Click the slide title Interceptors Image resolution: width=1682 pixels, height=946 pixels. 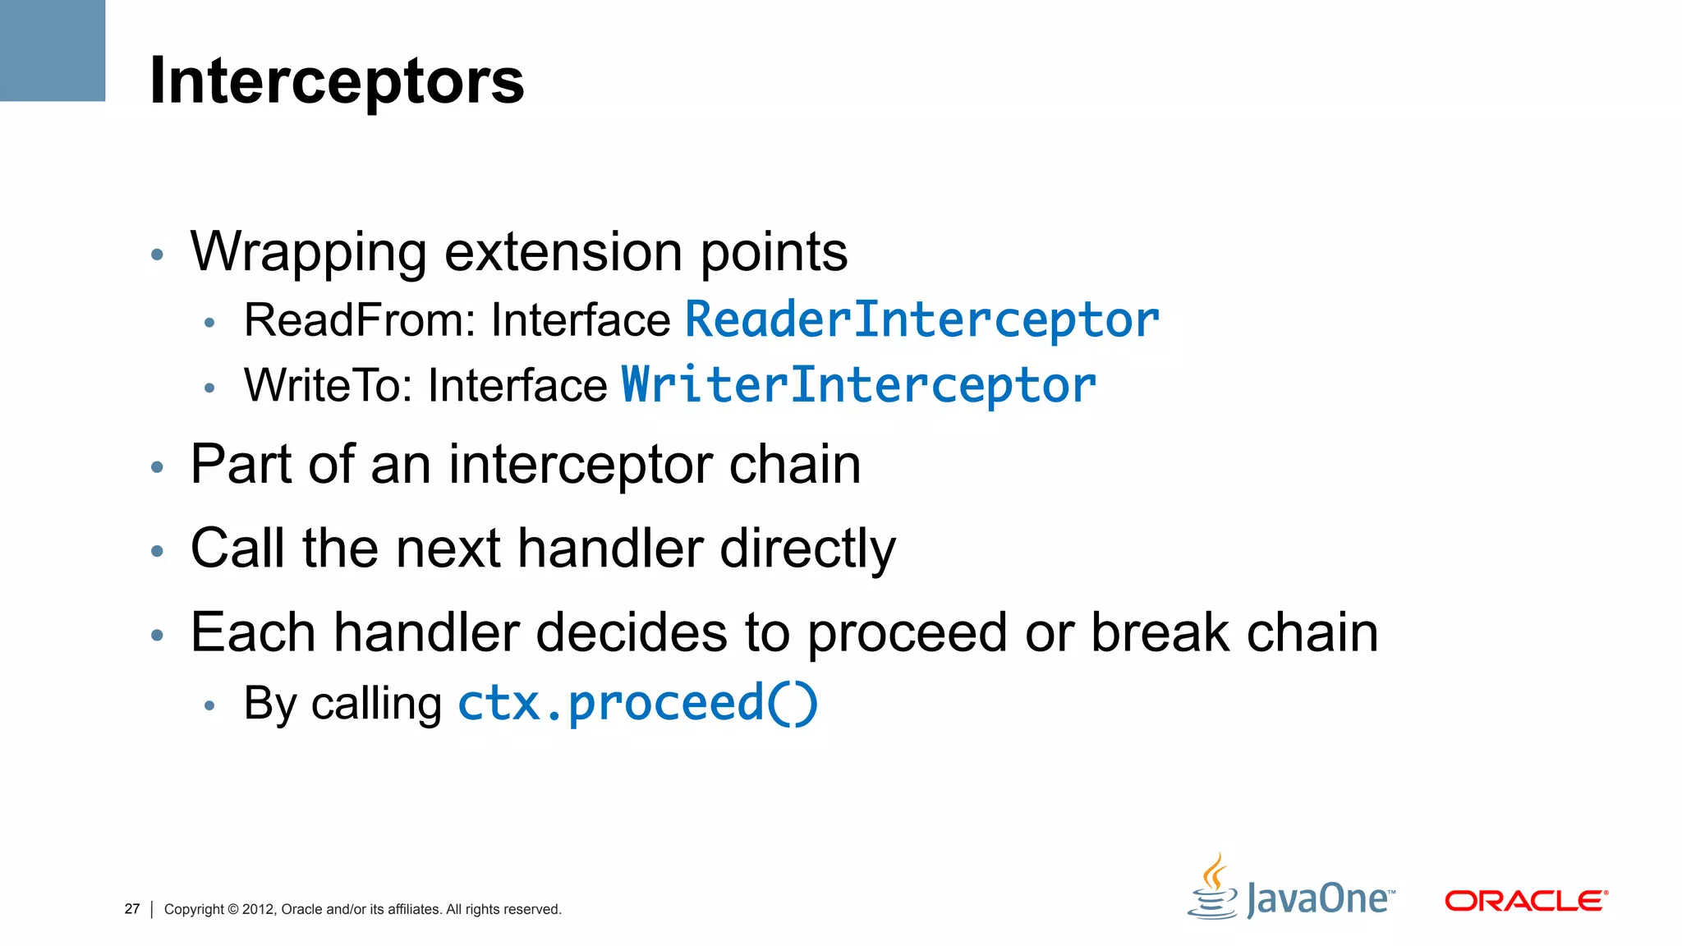(x=337, y=80)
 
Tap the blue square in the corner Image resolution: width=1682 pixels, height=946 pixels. (x=52, y=50)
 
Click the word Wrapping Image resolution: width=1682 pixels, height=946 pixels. (x=308, y=252)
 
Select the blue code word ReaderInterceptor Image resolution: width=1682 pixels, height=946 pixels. (x=921, y=320)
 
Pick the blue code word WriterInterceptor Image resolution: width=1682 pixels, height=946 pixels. (x=858, y=386)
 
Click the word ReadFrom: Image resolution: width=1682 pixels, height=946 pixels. (x=360, y=320)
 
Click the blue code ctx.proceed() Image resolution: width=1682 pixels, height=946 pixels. (x=637, y=704)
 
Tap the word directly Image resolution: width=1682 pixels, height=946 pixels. (x=808, y=549)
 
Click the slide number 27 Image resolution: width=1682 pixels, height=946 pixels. (x=132, y=909)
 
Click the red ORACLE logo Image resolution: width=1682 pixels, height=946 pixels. (x=1525, y=901)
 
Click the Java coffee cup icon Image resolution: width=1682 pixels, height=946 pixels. (x=1213, y=889)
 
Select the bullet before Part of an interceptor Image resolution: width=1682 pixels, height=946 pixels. (x=158, y=468)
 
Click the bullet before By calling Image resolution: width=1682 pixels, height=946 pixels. (x=209, y=705)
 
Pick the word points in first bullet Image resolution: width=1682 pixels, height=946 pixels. (x=773, y=252)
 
